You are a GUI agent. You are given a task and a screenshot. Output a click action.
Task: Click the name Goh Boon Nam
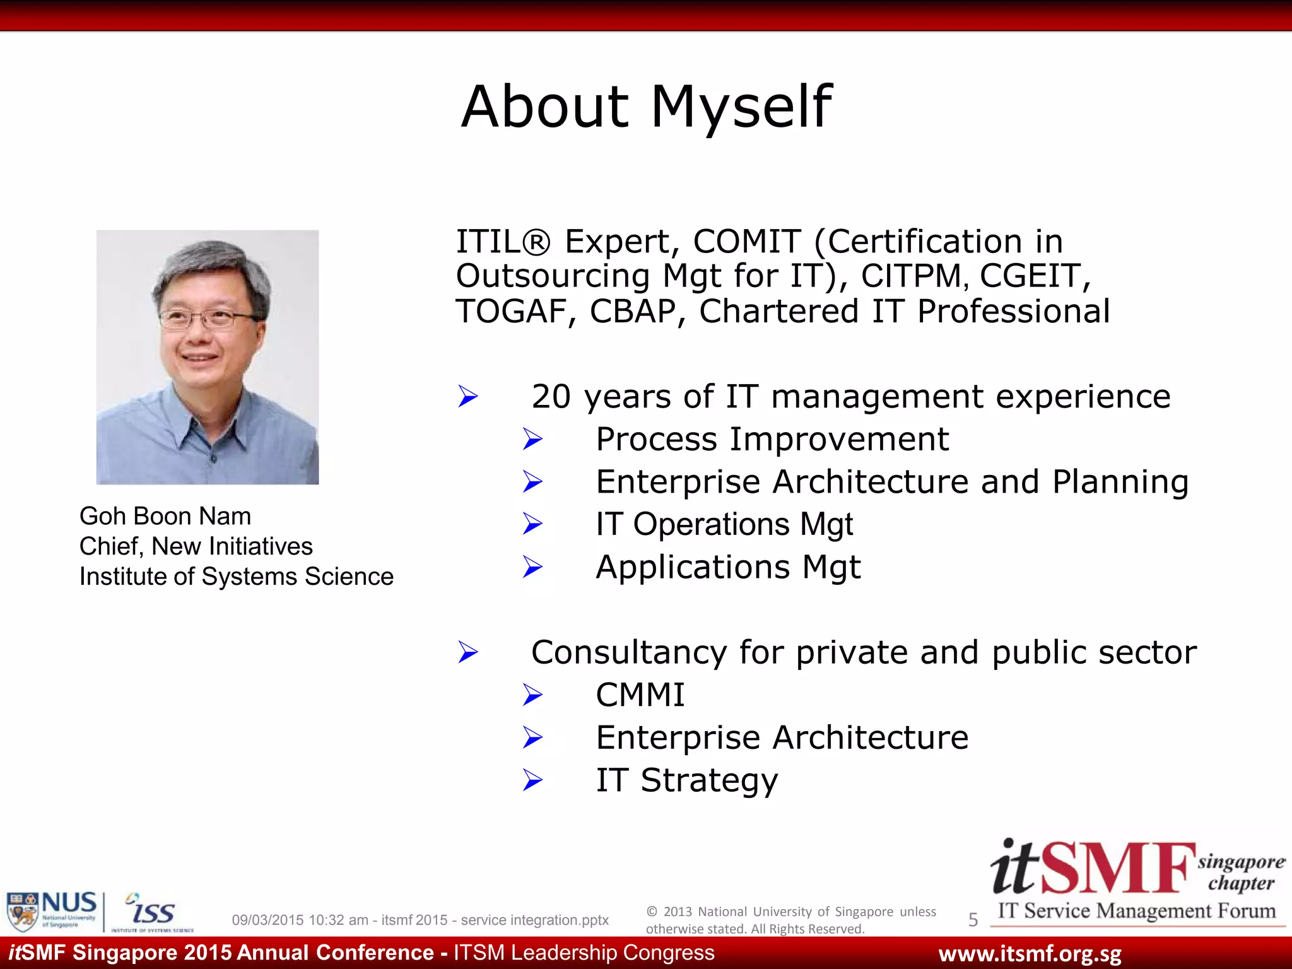coord(165,516)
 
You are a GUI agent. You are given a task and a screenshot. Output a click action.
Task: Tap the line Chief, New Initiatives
coord(196,546)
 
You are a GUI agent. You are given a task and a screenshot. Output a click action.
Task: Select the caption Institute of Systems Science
coord(236,577)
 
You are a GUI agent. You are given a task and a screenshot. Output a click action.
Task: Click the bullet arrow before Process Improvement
coord(532,439)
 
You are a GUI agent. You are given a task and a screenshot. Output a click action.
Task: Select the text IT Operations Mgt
coord(724,524)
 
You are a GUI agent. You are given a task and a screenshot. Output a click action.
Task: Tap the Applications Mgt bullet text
coord(727,567)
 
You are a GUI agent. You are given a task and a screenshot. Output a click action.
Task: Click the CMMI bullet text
coord(640,695)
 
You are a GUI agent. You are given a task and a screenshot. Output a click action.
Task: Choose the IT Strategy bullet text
coord(686,780)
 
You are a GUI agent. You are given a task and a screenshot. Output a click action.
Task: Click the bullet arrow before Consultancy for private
coord(468,652)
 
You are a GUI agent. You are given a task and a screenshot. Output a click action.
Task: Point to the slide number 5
coord(973,920)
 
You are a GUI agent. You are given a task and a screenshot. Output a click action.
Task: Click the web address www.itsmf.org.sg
coord(1030,953)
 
